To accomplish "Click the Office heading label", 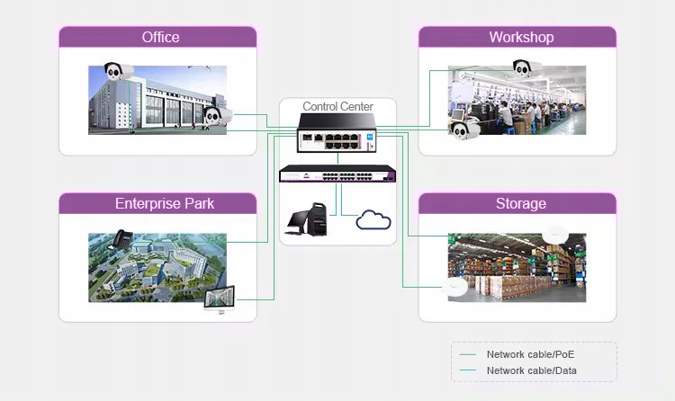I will coord(160,37).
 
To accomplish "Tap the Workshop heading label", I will coord(521,37).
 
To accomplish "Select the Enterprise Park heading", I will coord(165,203).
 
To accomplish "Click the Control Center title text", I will coord(337,106).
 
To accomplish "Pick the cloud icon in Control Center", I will coord(373,220).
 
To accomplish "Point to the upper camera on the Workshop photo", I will coord(526,67).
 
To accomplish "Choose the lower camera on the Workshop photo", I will coord(463,131).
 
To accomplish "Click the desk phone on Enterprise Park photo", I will coord(121,239).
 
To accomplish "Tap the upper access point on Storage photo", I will coord(554,234).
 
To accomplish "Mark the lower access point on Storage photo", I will coord(456,288).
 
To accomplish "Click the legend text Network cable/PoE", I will coord(531,354).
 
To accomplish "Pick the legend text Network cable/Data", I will coord(532,370).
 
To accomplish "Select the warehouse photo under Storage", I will coord(517,267).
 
